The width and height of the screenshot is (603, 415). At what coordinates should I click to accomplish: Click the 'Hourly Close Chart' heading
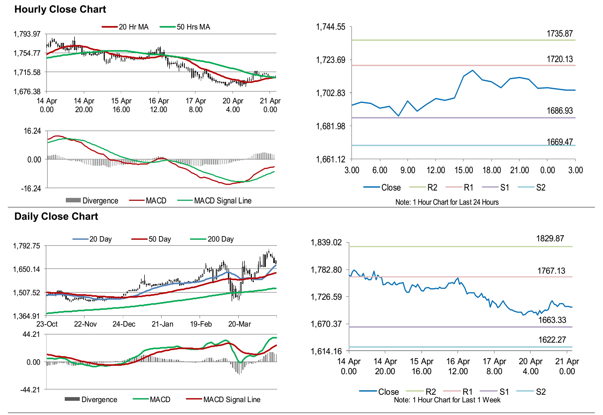tap(60, 9)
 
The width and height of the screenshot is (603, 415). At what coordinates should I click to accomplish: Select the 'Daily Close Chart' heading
tap(56, 216)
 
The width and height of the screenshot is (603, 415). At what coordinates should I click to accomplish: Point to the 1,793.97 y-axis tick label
tap(27, 34)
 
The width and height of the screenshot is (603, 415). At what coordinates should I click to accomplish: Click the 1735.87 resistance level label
tap(560, 34)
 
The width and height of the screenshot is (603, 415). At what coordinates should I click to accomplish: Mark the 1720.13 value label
tap(560, 59)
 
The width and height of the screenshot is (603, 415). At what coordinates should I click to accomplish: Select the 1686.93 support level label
tap(560, 111)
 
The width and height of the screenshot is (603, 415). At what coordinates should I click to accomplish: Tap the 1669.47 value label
tap(560, 142)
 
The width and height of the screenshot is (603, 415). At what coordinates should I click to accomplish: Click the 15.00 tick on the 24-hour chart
tap(464, 170)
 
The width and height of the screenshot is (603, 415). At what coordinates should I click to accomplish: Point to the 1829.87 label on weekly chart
tap(550, 238)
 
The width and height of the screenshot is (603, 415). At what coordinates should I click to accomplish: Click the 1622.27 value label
tap(552, 340)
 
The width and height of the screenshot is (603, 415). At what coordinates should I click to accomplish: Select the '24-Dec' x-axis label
tap(124, 324)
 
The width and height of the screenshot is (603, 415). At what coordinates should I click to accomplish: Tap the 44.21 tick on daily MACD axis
tap(31, 334)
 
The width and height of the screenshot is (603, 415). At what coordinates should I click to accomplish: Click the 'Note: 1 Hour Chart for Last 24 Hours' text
tap(447, 202)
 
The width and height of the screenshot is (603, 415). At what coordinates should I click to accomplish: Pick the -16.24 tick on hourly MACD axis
tap(31, 188)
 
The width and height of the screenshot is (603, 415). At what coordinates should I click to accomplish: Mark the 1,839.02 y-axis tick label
tap(326, 242)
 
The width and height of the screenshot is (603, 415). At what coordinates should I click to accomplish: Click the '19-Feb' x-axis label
tap(201, 324)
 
